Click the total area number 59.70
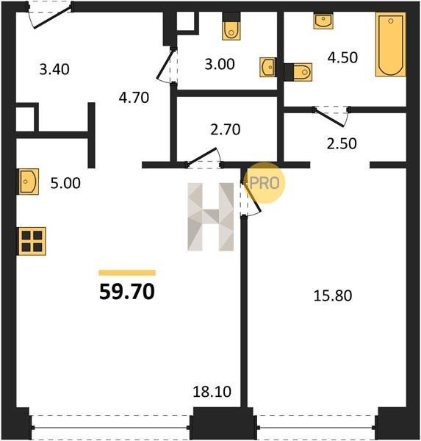tap(127, 292)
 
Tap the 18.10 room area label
tap(212, 392)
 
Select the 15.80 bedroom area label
tap(332, 295)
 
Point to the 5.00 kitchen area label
tap(65, 183)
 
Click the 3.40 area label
tap(54, 70)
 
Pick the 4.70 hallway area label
tap(134, 98)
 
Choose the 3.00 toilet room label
tap(220, 64)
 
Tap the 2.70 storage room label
tap(226, 129)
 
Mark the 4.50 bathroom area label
tap(342, 57)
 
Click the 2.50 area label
tap(342, 143)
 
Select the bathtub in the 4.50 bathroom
tap(391, 44)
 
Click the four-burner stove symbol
tap(32, 241)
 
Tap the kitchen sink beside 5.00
tap(29, 182)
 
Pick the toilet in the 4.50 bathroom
tap(298, 72)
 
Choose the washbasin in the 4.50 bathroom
tap(323, 21)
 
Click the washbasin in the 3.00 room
tap(268, 67)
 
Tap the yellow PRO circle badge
tap(265, 183)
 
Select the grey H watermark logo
tap(211, 217)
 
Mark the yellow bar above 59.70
tap(127, 273)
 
